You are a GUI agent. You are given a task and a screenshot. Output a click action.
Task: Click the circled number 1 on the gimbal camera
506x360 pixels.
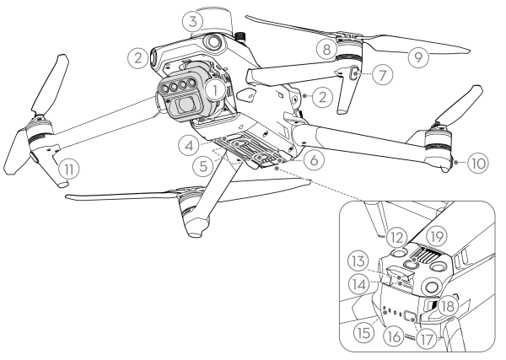pyautogui.click(x=215, y=89)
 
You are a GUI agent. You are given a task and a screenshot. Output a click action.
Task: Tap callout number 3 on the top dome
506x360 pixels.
pyautogui.click(x=192, y=22)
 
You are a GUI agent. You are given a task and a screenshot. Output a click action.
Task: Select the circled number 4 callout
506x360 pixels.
pyautogui.click(x=190, y=145)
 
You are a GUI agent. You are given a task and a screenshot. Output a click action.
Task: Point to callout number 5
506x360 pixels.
pyautogui.click(x=203, y=166)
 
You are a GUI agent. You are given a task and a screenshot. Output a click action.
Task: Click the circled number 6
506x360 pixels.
pyautogui.click(x=314, y=159)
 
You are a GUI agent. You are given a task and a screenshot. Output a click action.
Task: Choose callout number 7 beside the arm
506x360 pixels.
pyautogui.click(x=382, y=74)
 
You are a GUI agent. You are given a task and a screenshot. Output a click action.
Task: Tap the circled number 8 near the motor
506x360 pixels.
pyautogui.click(x=326, y=50)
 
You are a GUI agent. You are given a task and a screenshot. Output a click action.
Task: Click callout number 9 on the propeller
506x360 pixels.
pyautogui.click(x=418, y=57)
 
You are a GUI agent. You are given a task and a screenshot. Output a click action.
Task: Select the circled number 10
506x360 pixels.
pyautogui.click(x=478, y=164)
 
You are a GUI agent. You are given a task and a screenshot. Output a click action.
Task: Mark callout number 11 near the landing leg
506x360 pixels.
pyautogui.click(x=69, y=169)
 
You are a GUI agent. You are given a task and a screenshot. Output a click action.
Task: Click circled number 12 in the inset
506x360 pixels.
pyautogui.click(x=396, y=238)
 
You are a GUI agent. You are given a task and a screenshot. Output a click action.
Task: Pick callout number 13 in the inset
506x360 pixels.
pyautogui.click(x=358, y=261)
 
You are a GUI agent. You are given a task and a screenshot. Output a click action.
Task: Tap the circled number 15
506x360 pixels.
pyautogui.click(x=363, y=332)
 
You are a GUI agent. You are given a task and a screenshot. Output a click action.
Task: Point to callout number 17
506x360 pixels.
pyautogui.click(x=426, y=339)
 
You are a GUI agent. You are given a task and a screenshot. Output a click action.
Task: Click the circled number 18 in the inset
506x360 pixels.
pyautogui.click(x=448, y=306)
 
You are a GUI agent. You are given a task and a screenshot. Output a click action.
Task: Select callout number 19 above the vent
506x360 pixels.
pyautogui.click(x=437, y=237)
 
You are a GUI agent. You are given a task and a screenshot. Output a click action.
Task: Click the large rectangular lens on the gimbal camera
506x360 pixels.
pyautogui.click(x=185, y=105)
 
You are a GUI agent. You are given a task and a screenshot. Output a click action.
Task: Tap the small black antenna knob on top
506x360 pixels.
pyautogui.click(x=240, y=35)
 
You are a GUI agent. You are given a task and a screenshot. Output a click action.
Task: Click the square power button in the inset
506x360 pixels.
pyautogui.click(x=410, y=315)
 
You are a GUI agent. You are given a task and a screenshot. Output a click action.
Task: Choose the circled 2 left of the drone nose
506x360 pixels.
pyautogui.click(x=138, y=58)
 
